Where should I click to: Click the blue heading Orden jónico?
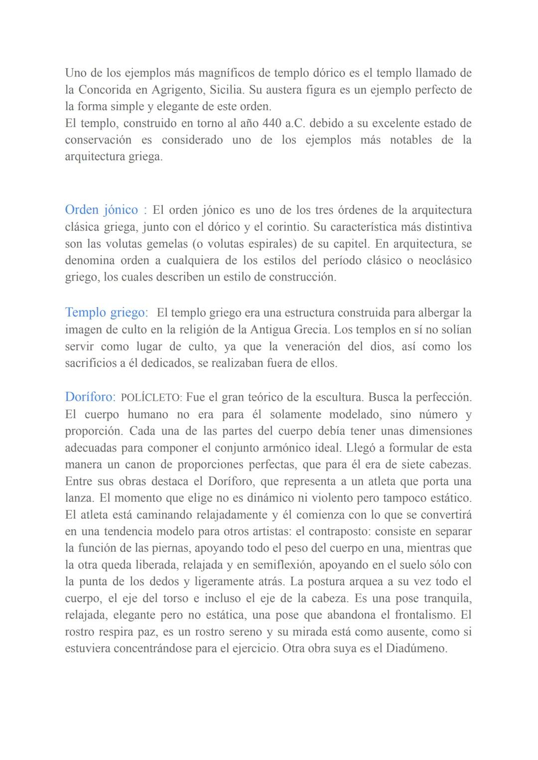[102, 210]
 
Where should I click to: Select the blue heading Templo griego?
[107, 312]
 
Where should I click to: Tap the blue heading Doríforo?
[90, 397]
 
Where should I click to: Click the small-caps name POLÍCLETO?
[151, 398]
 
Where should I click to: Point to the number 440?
[272, 123]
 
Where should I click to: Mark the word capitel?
[352, 244]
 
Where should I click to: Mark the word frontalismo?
[425, 614]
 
